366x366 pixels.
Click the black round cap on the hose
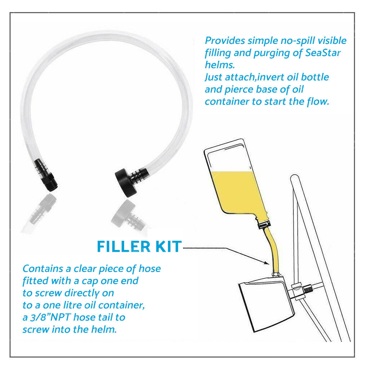tap(126, 182)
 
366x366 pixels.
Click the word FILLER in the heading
tap(124, 246)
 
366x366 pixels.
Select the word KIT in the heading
tap(168, 246)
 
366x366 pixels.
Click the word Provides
tap(225, 41)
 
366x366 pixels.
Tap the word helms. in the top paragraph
tap(220, 65)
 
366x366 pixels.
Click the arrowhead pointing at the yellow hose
tap(266, 262)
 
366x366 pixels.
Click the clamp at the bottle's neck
tap(264, 225)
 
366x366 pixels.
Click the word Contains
tap(43, 269)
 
